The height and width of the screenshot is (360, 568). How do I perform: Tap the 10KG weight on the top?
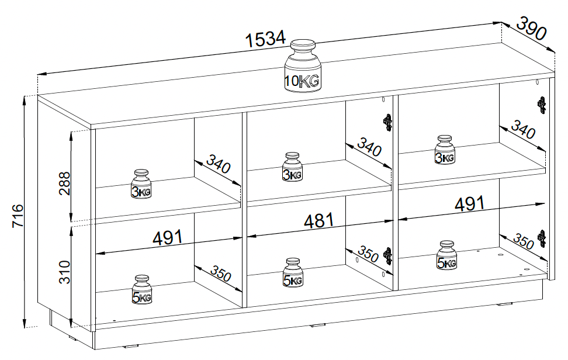[x=302, y=65]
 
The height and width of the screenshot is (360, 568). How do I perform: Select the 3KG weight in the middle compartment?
[x=292, y=167]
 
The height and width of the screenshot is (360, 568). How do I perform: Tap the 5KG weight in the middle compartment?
[x=293, y=273]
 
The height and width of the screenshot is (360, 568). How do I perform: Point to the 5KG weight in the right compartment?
[x=446, y=256]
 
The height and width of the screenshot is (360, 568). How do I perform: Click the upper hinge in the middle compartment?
[x=387, y=122]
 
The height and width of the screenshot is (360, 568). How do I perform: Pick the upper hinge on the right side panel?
[x=542, y=105]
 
